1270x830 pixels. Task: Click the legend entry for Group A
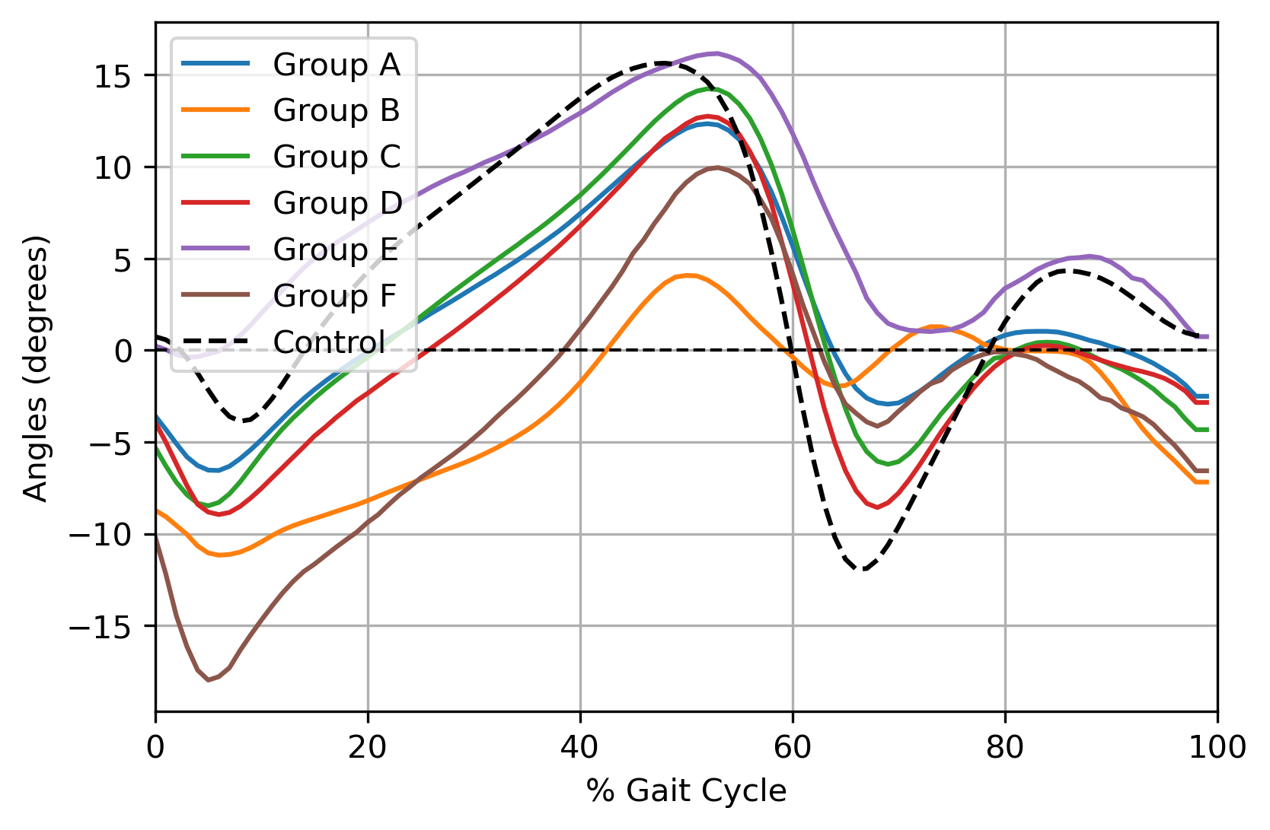[336, 65]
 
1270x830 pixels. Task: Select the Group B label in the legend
[336, 111]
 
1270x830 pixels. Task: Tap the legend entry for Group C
[336, 157]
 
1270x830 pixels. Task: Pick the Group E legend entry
[336, 250]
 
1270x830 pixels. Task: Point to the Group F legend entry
[334, 296]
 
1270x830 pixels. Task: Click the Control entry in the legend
[328, 342]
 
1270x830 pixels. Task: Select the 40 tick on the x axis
[580, 748]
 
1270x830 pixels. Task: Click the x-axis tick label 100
[1217, 748]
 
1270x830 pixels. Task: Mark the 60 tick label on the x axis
[793, 748]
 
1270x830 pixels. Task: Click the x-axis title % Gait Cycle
[686, 791]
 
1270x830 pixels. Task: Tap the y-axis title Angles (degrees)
[36, 368]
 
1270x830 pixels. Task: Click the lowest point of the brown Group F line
[208, 680]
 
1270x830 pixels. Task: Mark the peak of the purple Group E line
[716, 53]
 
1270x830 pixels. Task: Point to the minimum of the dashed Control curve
[863, 570]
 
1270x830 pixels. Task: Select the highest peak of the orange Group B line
[688, 275]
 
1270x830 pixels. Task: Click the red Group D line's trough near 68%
[877, 507]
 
